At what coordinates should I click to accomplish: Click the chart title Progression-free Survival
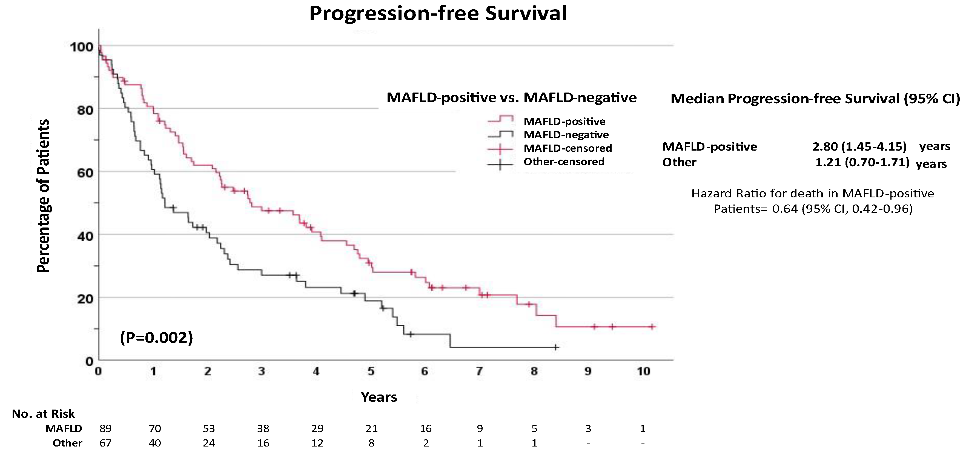tap(438, 13)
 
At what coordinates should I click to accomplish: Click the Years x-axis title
tap(379, 397)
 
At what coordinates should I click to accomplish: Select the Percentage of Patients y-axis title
tap(43, 196)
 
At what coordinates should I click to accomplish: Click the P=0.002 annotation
tap(156, 338)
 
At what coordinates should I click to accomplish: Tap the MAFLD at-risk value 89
tap(105, 428)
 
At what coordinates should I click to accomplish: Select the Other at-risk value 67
tap(105, 443)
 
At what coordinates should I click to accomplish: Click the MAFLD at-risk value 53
tap(209, 428)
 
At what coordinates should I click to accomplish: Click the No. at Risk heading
tap(43, 414)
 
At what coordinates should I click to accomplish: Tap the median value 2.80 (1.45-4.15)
tap(859, 146)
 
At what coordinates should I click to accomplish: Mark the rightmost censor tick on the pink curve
tap(652, 327)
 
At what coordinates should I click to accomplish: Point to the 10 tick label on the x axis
tap(643, 371)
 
